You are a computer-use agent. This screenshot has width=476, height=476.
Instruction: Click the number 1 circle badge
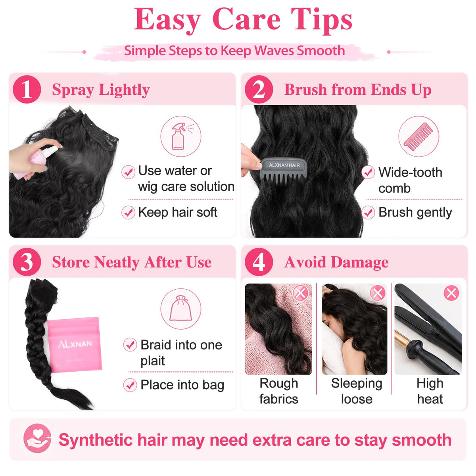(x=27, y=89)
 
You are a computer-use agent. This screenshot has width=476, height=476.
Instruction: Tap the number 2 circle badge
(x=259, y=89)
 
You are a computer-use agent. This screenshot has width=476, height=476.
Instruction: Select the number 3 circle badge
(x=27, y=262)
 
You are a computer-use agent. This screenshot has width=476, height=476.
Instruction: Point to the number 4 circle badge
(x=259, y=262)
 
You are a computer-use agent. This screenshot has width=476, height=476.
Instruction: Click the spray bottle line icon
(x=181, y=136)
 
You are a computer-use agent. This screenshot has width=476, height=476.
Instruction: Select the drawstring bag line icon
(x=181, y=308)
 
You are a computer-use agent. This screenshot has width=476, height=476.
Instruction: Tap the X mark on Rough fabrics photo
(x=300, y=293)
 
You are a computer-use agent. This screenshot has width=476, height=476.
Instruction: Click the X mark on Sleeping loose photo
(x=378, y=293)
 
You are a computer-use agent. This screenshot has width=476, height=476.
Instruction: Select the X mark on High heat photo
(x=451, y=293)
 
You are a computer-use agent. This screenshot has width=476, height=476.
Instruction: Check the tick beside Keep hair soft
(x=128, y=213)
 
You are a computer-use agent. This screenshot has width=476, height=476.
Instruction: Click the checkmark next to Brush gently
(x=368, y=213)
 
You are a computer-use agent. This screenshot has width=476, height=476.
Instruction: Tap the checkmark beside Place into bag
(x=130, y=385)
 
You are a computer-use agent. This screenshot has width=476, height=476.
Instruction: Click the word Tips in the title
(x=321, y=20)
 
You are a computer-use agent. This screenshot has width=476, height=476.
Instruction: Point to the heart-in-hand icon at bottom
(x=37, y=438)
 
